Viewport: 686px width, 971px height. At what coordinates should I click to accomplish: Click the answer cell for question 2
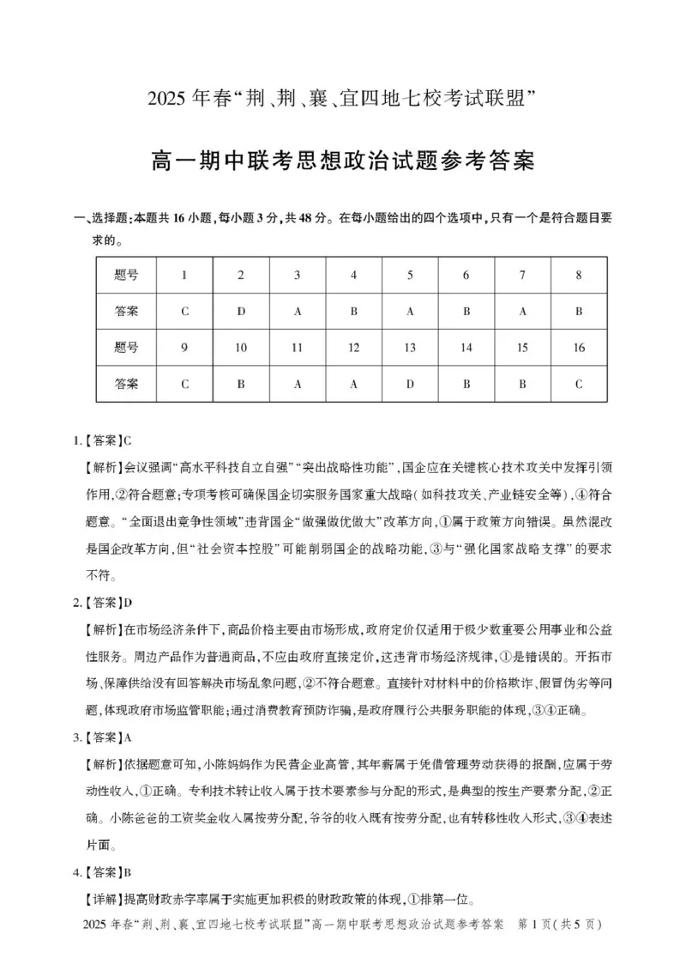241,312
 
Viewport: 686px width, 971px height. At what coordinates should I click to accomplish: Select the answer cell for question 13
410,384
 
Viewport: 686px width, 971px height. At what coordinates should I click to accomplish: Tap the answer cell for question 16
579,384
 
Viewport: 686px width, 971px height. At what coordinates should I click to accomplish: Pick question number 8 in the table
579,276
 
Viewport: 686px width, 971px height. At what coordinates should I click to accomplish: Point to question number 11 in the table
298,348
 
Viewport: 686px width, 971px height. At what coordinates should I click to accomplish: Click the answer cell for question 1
184,312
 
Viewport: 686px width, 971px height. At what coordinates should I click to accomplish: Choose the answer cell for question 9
184,384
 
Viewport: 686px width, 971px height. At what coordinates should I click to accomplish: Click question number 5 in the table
410,276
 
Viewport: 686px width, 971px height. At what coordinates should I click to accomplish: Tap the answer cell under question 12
353,384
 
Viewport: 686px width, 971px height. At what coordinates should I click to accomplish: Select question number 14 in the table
466,348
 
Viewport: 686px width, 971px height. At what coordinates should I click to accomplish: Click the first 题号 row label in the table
126,276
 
